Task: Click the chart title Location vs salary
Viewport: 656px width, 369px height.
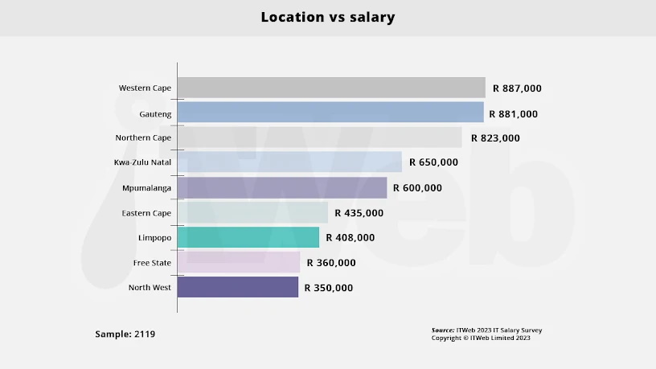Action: click(327, 17)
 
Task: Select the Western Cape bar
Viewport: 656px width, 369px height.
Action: click(331, 88)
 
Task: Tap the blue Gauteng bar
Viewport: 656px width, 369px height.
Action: click(330, 113)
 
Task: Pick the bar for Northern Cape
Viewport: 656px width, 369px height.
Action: click(319, 137)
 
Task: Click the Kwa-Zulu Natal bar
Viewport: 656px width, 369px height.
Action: click(289, 162)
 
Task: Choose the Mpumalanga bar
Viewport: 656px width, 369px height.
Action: click(281, 187)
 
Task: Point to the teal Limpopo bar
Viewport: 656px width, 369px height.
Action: click(248, 237)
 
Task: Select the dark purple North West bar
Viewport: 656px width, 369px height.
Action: click(237, 287)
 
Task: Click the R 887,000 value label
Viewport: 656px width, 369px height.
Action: click(517, 88)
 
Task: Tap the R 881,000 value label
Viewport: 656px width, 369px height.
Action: click(515, 114)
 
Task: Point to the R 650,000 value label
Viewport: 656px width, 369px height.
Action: click(433, 162)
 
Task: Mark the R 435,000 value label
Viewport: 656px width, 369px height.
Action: click(359, 213)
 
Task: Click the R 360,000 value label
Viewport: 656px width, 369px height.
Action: click(331, 263)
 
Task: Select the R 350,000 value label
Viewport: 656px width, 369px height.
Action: click(329, 288)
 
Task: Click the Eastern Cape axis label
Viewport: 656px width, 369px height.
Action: click(146, 213)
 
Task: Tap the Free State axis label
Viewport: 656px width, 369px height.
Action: click(152, 263)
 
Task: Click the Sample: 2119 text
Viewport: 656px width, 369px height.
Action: click(125, 334)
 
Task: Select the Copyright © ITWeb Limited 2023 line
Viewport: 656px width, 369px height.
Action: click(481, 338)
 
